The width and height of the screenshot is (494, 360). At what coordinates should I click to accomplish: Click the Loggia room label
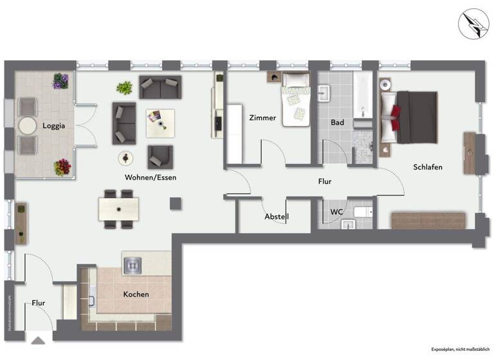pos(54,126)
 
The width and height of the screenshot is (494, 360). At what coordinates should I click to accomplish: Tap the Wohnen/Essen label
pos(151,177)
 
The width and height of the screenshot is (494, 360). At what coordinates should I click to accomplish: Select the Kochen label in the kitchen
pos(136,294)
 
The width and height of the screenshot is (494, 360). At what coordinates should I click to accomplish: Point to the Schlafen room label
pos(428,167)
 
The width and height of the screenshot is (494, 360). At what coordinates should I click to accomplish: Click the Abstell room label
pos(277,217)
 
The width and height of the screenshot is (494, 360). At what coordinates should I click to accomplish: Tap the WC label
pos(337,212)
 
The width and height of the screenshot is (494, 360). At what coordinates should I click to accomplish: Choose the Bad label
pos(337,122)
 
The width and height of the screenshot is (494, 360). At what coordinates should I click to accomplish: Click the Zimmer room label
pos(262,118)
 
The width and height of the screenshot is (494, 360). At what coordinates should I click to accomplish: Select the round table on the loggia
pos(28,125)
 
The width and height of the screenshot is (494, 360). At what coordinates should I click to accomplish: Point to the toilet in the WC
pos(364,212)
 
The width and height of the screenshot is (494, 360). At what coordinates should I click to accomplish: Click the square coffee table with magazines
pos(160,122)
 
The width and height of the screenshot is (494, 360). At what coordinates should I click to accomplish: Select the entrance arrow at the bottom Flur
pos(38,341)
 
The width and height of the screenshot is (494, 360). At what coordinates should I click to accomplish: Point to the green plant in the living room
pos(125,87)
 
